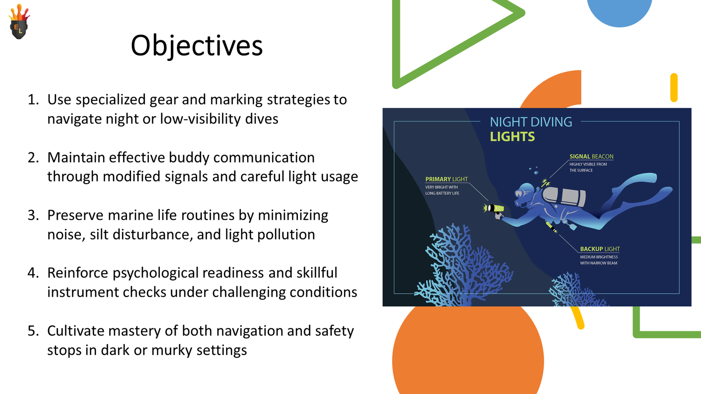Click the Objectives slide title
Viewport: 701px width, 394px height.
click(197, 46)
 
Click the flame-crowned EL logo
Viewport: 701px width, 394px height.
click(19, 21)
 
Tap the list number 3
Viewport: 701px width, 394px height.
click(33, 215)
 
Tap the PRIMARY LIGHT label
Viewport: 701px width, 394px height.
click(446, 179)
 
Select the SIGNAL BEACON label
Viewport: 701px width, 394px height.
click(591, 156)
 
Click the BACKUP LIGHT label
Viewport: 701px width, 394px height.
click(600, 249)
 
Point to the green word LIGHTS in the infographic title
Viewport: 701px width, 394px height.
click(512, 137)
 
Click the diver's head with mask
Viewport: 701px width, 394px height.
click(524, 193)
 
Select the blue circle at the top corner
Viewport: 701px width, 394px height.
click(620, 13)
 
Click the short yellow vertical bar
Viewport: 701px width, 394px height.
click(674, 88)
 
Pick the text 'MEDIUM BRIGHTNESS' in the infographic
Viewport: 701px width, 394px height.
click(598, 257)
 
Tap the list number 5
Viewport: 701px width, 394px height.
click(33, 331)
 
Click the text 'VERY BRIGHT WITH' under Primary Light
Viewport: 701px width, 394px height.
click(441, 187)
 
